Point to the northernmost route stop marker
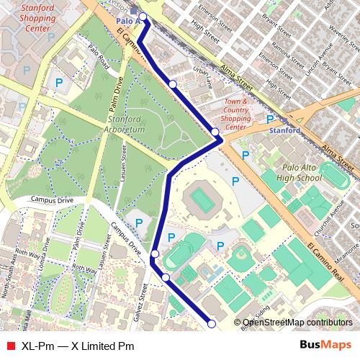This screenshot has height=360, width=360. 143,17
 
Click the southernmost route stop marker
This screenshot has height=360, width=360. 212,324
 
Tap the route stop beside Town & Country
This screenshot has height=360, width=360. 215,130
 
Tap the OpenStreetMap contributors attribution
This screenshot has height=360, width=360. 297,323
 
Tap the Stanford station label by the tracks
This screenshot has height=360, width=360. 284,132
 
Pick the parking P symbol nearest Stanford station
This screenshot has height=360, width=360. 270,120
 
